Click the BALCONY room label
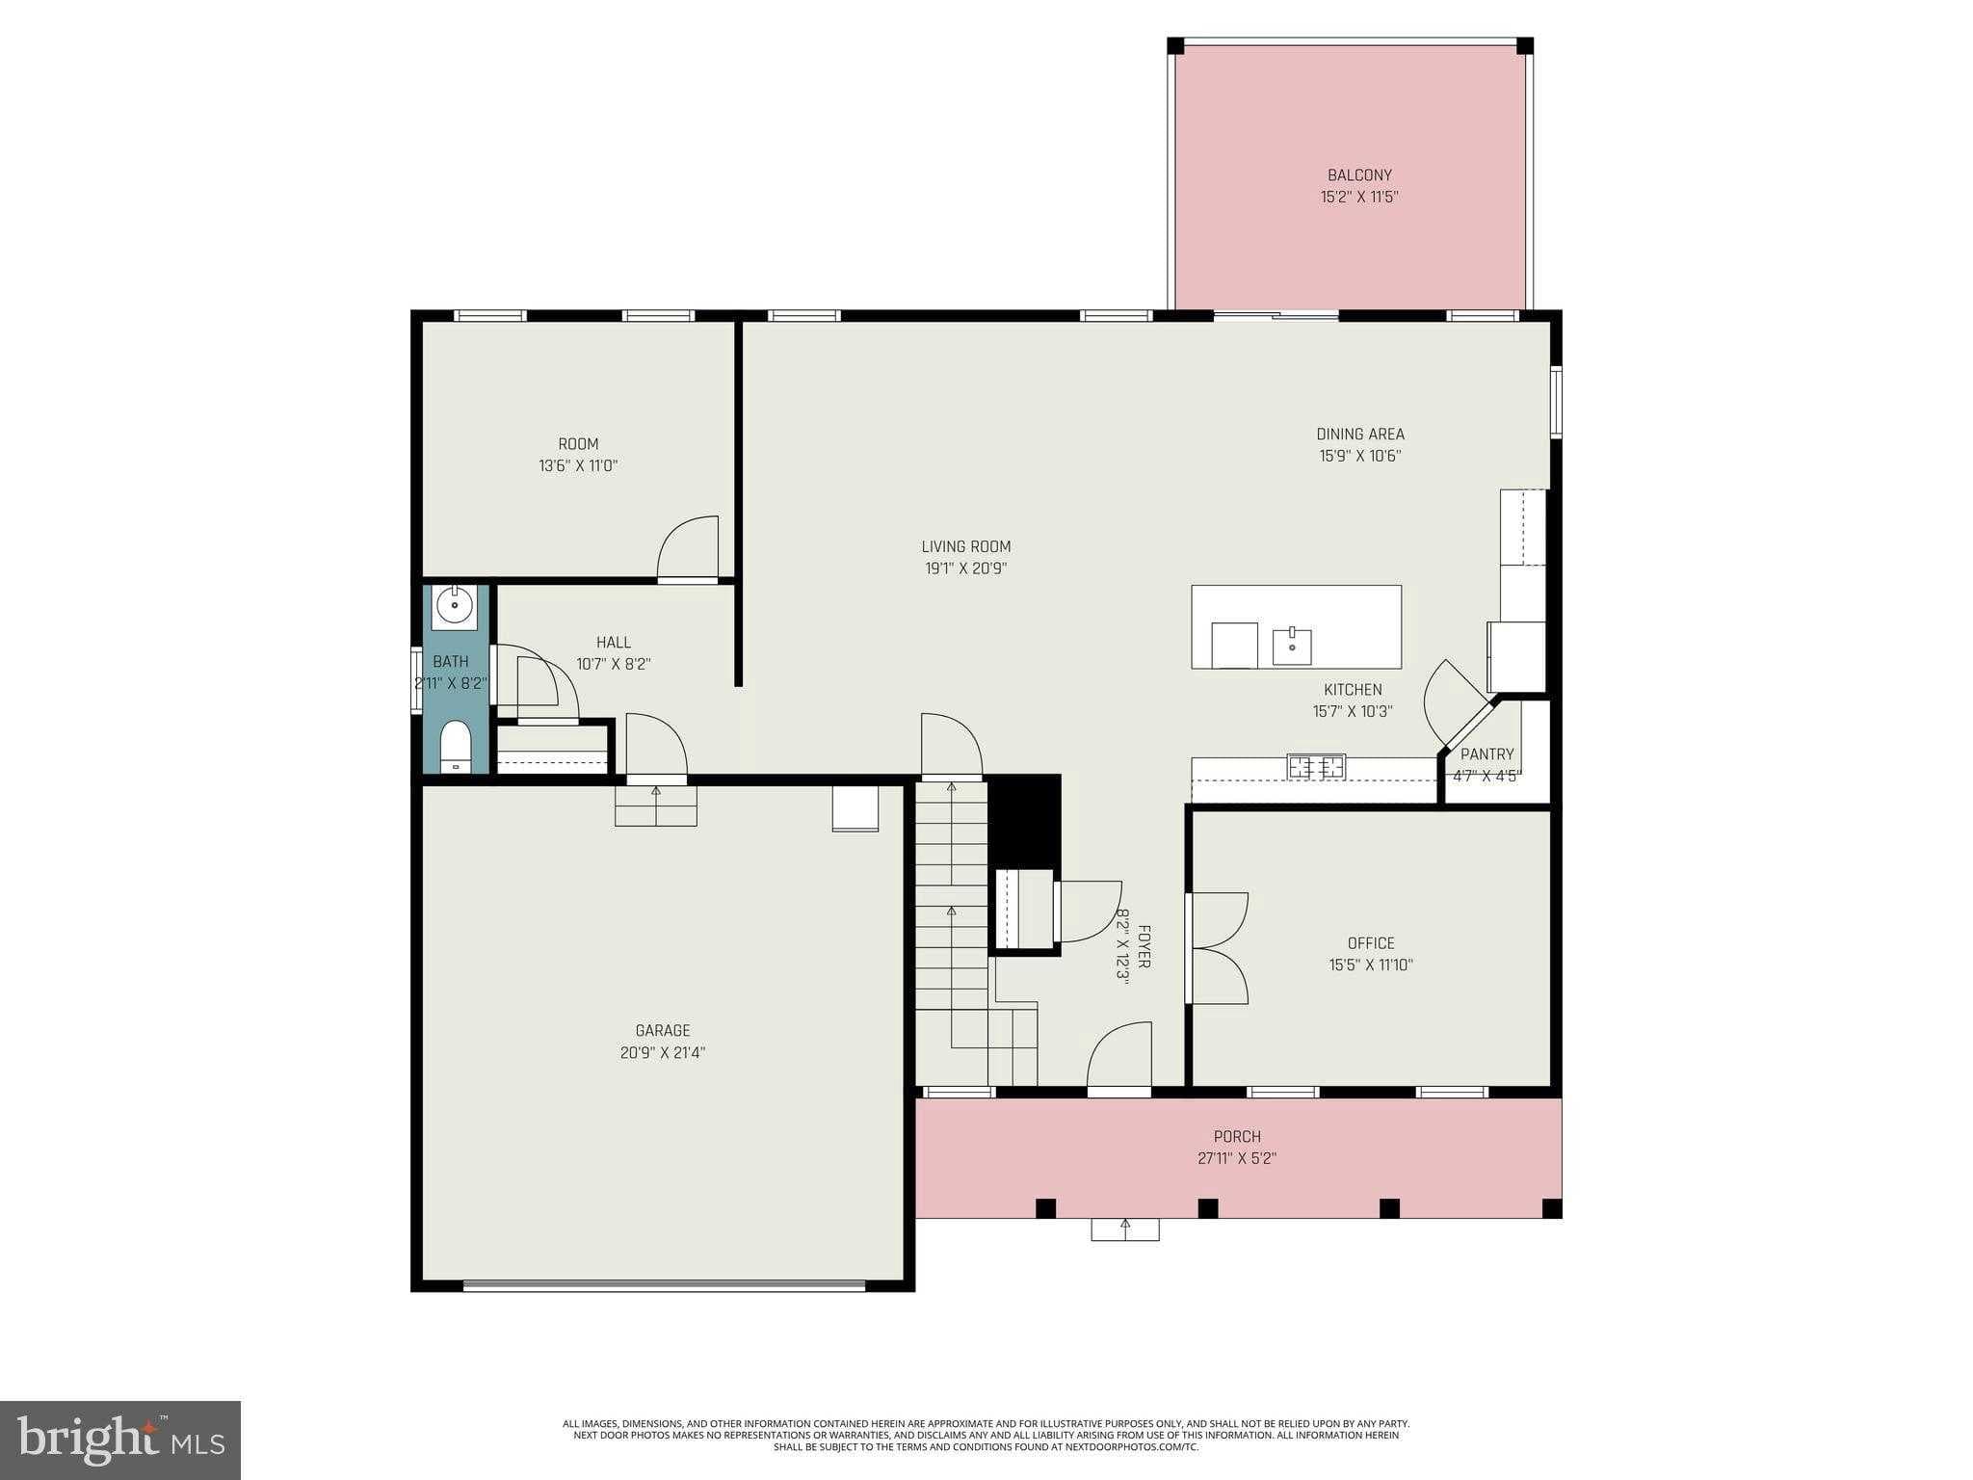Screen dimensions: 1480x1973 pyautogui.click(x=1359, y=175)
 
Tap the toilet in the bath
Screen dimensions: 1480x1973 pyautogui.click(x=455, y=747)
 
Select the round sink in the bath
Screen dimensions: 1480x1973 pyautogui.click(x=454, y=606)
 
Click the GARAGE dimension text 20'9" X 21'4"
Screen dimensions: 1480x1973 pyautogui.click(x=663, y=1053)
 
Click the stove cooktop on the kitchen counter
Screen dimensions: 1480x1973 pyautogui.click(x=1316, y=767)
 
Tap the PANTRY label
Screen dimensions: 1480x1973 pyautogui.click(x=1486, y=754)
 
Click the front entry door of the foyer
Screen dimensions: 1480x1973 pyautogui.click(x=1119, y=1058)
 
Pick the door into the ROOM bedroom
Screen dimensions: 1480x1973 pyautogui.click(x=688, y=550)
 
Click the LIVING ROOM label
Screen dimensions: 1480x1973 pyautogui.click(x=965, y=546)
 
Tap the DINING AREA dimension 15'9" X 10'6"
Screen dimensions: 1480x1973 pyautogui.click(x=1359, y=456)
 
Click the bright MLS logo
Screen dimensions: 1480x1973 pyautogui.click(x=120, y=1440)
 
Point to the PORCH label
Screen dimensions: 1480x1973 pyautogui.click(x=1237, y=1137)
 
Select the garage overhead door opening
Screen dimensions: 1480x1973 pyautogui.click(x=664, y=1285)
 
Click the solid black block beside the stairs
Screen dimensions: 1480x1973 pyautogui.click(x=1025, y=820)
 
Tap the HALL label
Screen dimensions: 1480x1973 pyautogui.click(x=614, y=643)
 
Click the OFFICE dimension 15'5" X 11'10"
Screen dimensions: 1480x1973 pyautogui.click(x=1371, y=965)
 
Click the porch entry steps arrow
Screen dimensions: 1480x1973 pyautogui.click(x=1124, y=1229)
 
